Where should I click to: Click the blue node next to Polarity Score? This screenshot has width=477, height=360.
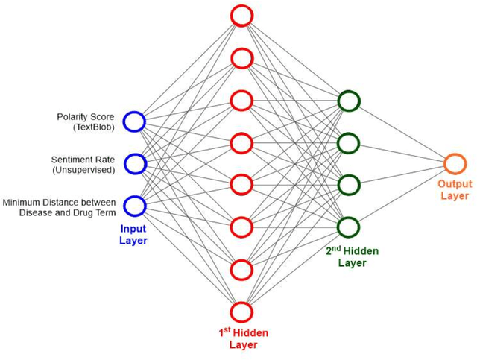134,121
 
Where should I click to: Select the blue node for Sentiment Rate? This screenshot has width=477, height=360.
134,163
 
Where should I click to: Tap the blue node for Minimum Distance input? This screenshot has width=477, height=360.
134,205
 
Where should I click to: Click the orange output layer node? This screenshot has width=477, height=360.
454,164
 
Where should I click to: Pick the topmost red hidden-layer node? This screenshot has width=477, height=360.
241,15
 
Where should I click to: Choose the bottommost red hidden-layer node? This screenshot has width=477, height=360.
241,312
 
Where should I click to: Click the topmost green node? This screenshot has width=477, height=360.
348,101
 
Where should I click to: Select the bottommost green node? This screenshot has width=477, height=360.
348,226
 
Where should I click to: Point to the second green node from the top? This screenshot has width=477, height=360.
348,142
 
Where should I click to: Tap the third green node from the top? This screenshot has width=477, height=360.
348,184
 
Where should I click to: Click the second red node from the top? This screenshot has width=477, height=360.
241,57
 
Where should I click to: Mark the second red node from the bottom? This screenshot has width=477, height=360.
241,270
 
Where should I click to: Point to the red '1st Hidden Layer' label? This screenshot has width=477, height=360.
242,338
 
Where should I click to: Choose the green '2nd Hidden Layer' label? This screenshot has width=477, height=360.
352,256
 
